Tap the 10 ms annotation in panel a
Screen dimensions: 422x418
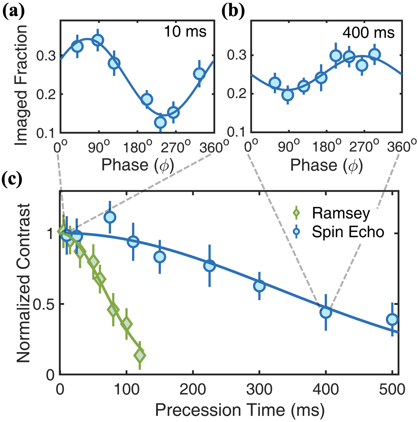pos(185,32)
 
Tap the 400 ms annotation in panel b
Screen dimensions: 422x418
pos(368,33)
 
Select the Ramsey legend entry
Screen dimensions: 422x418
pos(341,213)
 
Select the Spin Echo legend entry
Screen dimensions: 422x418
pos(348,232)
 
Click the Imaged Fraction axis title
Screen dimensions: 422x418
pos(21,85)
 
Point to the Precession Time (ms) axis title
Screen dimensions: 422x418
pos(240,410)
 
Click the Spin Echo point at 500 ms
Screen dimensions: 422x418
pos(392,319)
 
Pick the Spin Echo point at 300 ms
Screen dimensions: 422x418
pos(259,286)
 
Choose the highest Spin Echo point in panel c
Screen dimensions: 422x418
pos(110,217)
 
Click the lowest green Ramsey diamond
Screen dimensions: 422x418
pos(140,355)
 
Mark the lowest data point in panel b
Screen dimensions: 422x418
pos(288,95)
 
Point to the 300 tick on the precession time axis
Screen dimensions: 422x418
pos(259,390)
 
